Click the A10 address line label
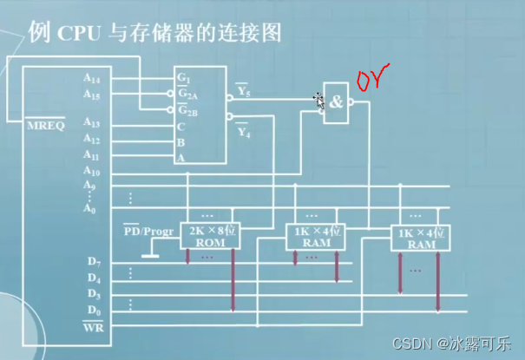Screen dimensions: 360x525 (x=93, y=171)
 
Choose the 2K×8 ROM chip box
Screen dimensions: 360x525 (x=211, y=237)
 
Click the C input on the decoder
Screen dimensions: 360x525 (x=181, y=125)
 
